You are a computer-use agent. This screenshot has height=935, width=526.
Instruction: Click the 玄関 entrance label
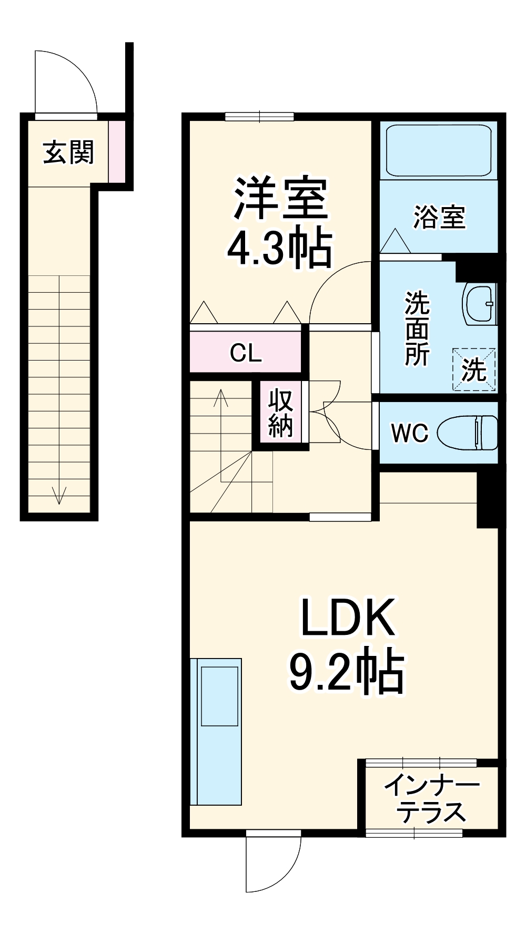68,152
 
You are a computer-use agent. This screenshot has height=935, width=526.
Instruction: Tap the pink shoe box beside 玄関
117,151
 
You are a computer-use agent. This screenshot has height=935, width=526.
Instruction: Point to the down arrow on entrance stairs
59,494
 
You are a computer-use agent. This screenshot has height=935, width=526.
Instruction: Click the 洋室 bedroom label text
280,199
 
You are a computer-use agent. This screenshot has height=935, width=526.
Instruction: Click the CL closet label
246,353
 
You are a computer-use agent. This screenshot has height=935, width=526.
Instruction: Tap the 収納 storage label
280,414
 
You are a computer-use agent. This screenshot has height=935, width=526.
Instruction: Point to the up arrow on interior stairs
221,399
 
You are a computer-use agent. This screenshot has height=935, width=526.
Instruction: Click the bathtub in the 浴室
438,150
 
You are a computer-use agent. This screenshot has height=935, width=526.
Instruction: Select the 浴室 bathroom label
439,217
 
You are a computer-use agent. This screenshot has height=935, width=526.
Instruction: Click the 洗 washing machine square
474,369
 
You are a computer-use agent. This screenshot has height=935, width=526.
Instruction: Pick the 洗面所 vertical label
417,328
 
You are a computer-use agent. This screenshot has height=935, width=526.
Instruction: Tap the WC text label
410,433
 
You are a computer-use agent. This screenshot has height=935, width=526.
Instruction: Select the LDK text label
347,618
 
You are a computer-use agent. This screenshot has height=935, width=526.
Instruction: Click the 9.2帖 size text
347,673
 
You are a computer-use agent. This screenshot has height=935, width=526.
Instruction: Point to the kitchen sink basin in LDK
219,696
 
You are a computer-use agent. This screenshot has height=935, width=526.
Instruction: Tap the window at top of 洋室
259,117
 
